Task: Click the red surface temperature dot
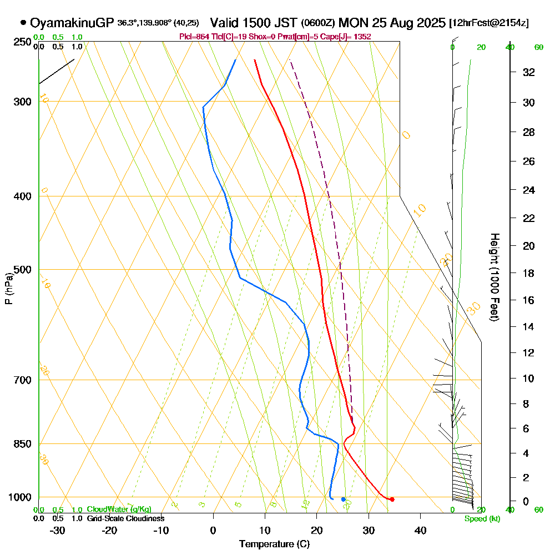[x=392, y=500]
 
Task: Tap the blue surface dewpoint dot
[x=343, y=500]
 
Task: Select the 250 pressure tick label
[x=22, y=42]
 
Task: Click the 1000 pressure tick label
[x=20, y=497]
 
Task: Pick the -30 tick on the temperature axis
[x=58, y=531]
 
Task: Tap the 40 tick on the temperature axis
[x=421, y=531]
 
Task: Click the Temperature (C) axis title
[x=274, y=544]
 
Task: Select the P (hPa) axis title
[x=8, y=289]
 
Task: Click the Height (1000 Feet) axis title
[x=493, y=276]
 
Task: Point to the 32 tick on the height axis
[x=529, y=72]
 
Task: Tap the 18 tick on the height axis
[x=529, y=273]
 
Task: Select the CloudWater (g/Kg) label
[x=119, y=509]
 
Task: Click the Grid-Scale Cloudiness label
[x=125, y=518]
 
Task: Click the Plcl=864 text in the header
[x=194, y=37]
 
